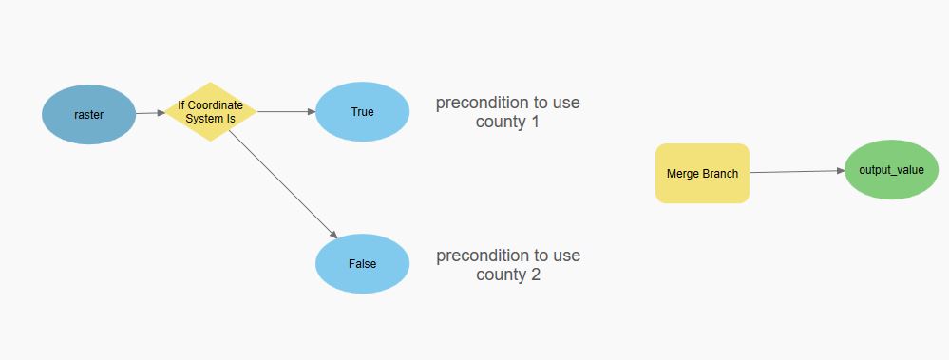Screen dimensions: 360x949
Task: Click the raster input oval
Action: pos(88,114)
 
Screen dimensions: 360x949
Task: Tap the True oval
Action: pos(362,112)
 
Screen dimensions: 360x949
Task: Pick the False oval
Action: pos(362,263)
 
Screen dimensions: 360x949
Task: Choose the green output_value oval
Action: pos(891,170)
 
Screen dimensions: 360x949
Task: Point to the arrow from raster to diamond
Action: pos(150,113)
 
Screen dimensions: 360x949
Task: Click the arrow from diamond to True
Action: pos(286,112)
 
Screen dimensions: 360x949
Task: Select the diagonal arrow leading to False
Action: pos(282,184)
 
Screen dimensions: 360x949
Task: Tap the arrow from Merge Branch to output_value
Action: pos(797,172)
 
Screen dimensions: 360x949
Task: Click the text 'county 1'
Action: pos(507,122)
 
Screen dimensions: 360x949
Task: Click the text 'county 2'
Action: pos(507,275)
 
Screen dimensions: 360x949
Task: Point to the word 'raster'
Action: pos(88,115)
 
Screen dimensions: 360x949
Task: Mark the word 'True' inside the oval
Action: pos(362,112)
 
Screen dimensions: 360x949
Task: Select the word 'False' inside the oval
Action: pos(362,263)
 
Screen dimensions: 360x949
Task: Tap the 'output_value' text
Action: pos(891,170)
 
